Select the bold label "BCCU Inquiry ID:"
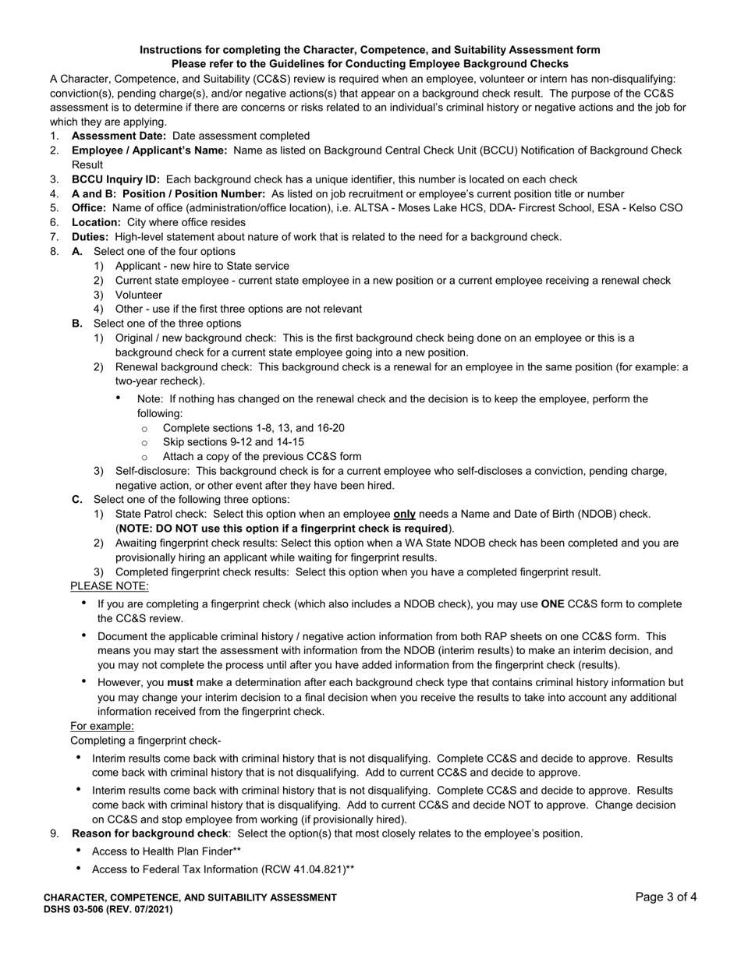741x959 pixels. [115, 179]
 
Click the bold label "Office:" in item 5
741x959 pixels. [88, 208]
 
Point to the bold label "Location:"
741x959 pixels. [96, 222]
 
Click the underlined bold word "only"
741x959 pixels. [404, 515]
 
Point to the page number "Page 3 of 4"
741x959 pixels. [666, 897]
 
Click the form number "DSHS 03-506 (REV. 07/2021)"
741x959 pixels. [108, 909]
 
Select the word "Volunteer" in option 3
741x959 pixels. [139, 295]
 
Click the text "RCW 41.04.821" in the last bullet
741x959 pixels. [304, 869]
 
